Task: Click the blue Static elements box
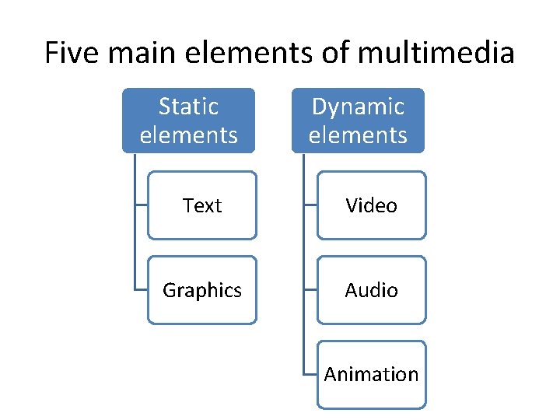[188, 120]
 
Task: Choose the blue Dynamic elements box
[358, 120]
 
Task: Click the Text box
[202, 205]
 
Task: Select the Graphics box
[202, 290]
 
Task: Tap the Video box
[372, 205]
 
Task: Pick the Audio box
[372, 290]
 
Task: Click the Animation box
[372, 374]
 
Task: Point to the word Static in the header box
[188, 106]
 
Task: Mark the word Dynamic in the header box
[358, 106]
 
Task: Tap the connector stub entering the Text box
[141, 205]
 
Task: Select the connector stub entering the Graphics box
[141, 290]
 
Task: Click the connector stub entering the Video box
[310, 205]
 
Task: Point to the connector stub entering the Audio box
[310, 290]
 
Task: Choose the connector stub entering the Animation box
[310, 374]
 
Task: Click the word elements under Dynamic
[358, 135]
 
